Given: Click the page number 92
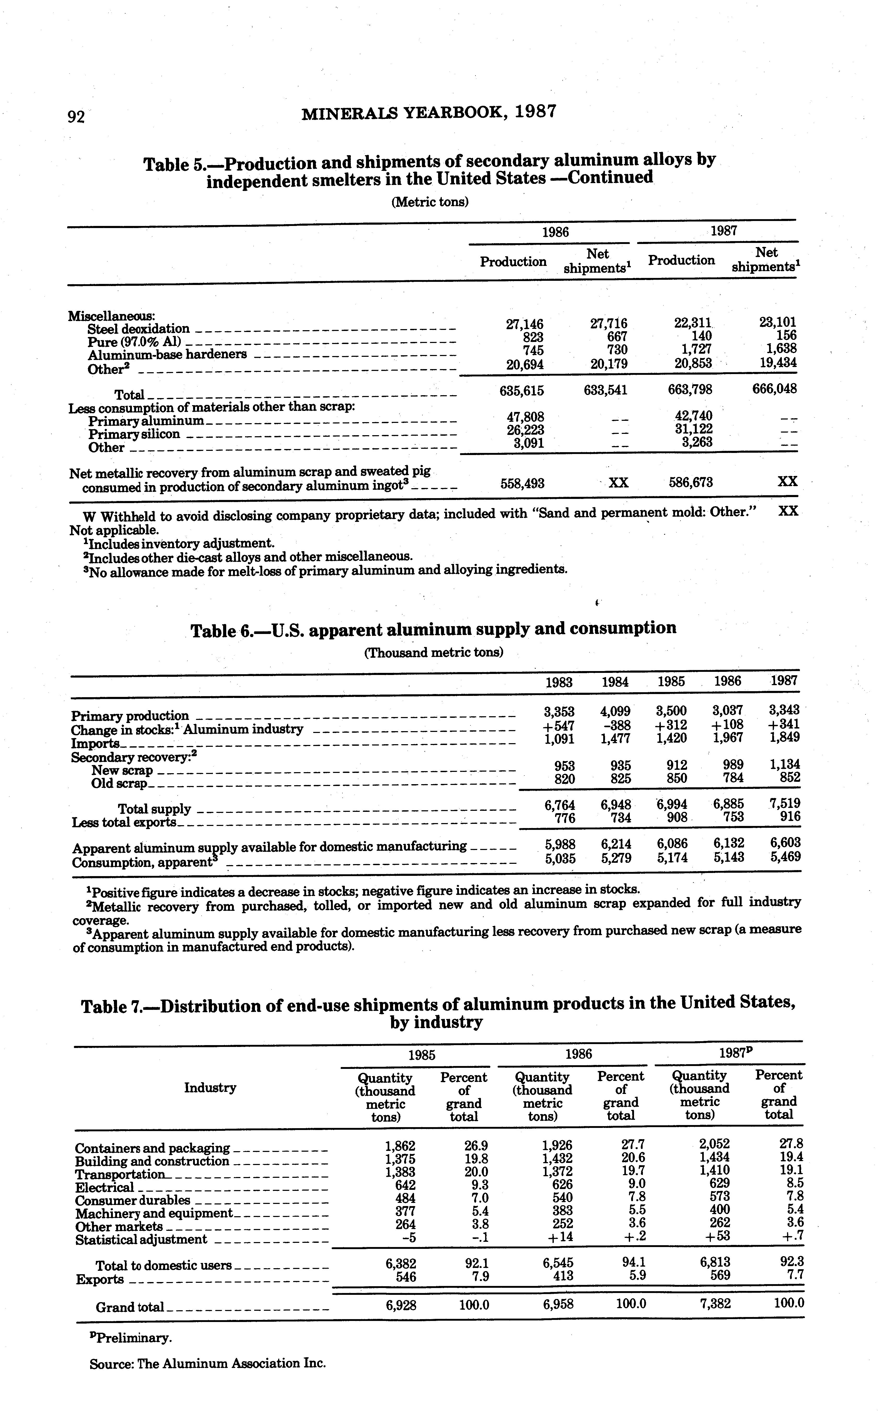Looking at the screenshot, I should point(76,117).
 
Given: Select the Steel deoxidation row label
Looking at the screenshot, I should point(138,329).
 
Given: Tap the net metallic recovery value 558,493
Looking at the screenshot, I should point(522,483).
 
